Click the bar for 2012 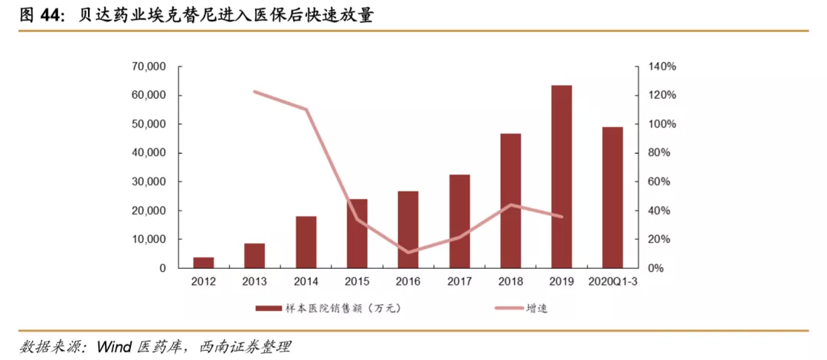click(203, 263)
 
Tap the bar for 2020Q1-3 click(613, 197)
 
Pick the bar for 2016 click(408, 229)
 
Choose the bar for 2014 click(306, 242)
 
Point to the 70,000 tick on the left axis click(150, 67)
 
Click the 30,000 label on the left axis click(150, 182)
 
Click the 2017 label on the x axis click(459, 282)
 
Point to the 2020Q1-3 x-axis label click(613, 282)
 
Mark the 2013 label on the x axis click(254, 282)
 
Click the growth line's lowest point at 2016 click(408, 252)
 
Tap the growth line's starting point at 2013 click(254, 92)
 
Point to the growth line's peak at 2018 click(510, 205)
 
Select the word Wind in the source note click(116, 347)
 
